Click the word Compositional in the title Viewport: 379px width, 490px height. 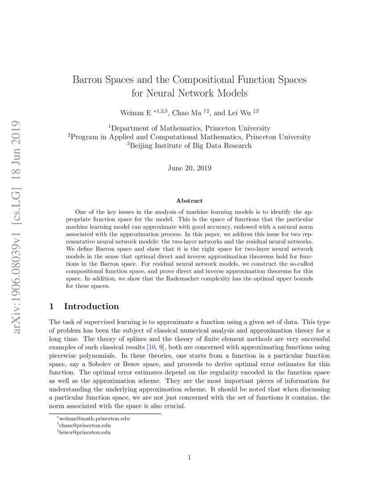point(203,80)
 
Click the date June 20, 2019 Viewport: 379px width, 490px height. point(189,168)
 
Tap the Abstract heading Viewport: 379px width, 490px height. point(189,201)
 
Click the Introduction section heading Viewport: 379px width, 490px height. point(91,306)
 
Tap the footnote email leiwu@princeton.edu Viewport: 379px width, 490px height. point(84,432)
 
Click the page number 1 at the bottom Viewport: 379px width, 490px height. point(189,457)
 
